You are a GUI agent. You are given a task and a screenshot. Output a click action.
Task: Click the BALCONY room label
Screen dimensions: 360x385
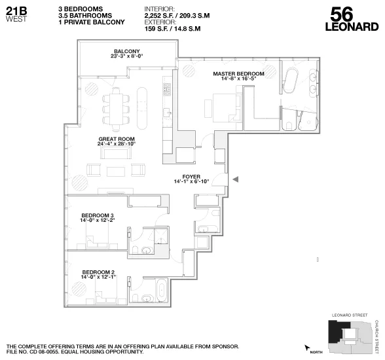coord(126,52)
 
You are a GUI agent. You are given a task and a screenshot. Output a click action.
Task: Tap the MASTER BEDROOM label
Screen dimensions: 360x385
coord(238,73)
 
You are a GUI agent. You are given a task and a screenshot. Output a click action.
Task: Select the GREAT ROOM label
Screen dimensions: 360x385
coord(117,139)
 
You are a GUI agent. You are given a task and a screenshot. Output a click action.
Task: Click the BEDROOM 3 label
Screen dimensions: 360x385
coord(98,215)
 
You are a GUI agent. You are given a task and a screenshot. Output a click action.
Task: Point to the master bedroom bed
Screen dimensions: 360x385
coord(224,105)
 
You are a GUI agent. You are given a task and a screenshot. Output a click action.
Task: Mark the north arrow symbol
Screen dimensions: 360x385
coord(306,348)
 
